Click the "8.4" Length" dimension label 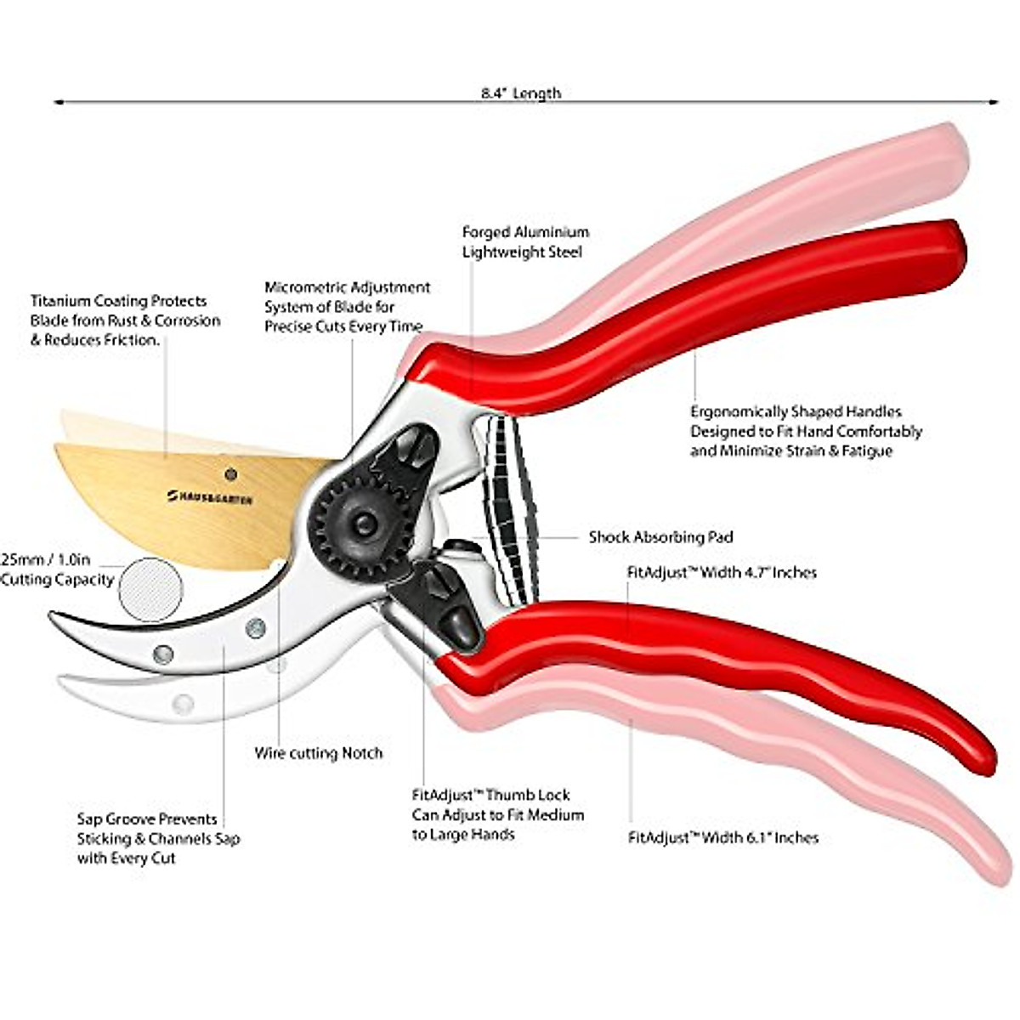coord(520,93)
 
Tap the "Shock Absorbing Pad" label coord(660,537)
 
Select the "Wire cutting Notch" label coord(318,753)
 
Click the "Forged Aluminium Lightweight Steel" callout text coord(525,242)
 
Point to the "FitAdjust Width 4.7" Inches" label coord(722,572)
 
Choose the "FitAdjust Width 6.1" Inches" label coord(722,837)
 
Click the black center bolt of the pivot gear coord(364,523)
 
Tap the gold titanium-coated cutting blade coord(187,510)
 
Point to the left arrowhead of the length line coord(58,102)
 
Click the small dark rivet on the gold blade coord(230,473)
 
